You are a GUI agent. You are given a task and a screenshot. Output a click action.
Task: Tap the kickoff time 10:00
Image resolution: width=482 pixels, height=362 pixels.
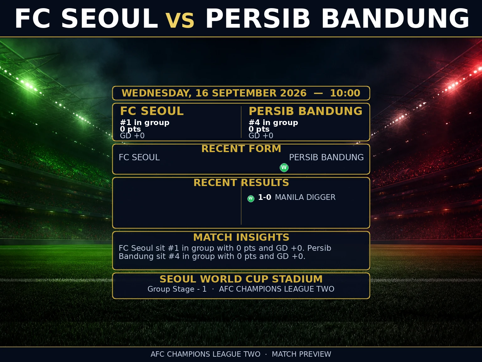tap(345, 93)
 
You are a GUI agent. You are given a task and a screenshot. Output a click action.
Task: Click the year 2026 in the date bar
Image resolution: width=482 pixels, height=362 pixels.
tap(293, 93)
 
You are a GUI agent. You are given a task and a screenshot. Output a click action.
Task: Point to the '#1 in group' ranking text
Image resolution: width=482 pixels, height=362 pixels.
tap(145, 123)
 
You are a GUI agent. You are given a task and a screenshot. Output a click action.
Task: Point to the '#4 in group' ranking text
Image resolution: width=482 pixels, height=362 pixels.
tap(273, 123)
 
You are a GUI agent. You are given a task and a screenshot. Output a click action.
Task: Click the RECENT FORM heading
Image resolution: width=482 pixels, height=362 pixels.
tap(241, 149)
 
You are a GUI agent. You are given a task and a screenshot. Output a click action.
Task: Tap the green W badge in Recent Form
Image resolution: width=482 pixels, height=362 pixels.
tap(284, 167)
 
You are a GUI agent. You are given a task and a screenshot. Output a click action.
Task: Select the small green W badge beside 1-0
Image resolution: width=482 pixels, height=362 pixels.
tap(251, 199)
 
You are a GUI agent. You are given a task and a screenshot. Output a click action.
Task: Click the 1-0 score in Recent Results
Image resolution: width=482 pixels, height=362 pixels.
tap(265, 197)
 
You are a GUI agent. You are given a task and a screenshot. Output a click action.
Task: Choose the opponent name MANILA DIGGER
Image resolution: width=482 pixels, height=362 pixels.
tap(305, 197)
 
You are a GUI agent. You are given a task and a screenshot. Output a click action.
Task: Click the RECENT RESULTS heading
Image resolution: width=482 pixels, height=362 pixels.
tap(241, 183)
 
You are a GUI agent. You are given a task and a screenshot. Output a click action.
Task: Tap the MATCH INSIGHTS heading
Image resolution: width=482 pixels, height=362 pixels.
tap(241, 237)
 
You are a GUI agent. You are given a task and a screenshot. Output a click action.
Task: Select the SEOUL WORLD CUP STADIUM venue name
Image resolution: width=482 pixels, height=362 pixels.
tap(241, 279)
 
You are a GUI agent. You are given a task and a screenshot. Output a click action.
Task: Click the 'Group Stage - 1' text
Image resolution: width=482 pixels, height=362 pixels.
tap(177, 289)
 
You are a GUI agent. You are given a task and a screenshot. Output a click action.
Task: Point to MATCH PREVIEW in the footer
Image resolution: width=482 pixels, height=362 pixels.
tap(302, 354)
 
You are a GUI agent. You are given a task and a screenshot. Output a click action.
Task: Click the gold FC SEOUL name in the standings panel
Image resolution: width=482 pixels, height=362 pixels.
tap(152, 111)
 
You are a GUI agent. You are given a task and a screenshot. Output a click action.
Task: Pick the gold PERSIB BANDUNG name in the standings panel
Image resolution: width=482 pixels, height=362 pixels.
tap(305, 111)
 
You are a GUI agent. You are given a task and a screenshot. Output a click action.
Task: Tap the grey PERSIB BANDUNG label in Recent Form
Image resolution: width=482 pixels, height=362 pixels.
tap(326, 157)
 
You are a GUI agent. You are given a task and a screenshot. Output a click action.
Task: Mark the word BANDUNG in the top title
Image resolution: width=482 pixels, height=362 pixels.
tap(395, 19)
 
